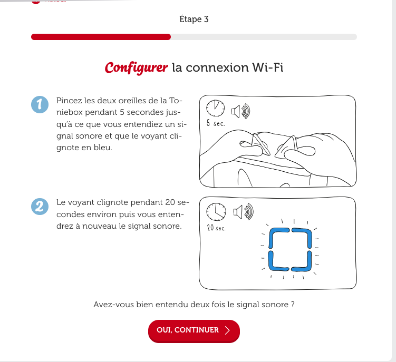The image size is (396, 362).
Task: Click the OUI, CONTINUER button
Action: coord(194,331)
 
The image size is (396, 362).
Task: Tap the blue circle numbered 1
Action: coord(40,104)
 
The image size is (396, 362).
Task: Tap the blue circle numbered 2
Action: coord(40,207)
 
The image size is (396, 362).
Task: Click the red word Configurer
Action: coord(136,68)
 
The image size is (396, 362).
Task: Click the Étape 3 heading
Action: coord(194,19)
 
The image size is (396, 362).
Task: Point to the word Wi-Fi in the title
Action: coord(268,67)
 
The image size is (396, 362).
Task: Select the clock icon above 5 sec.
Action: coord(216,109)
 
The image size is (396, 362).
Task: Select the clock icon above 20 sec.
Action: coord(216,211)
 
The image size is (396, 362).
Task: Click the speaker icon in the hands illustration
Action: coord(240,111)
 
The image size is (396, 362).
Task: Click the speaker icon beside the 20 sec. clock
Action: coord(243,211)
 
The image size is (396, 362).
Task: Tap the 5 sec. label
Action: coord(216,123)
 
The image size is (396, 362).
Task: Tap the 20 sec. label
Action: coord(216,228)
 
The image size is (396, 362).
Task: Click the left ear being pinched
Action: coord(261,144)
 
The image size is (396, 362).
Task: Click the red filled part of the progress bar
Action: coord(101,37)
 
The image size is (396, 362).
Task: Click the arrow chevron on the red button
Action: coord(227,330)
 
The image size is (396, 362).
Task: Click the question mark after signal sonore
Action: coord(293,305)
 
